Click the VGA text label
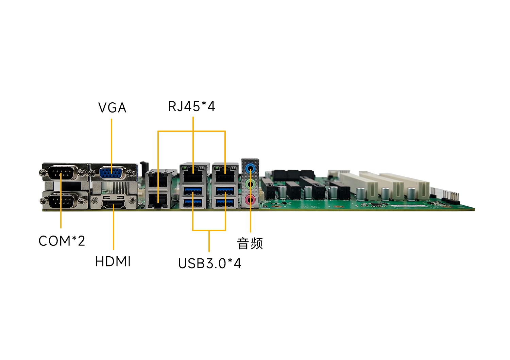pos(112,107)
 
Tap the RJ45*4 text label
pos(191,106)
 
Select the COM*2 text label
pos(62,241)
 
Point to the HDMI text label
pos(113,261)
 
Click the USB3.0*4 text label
pos(209,263)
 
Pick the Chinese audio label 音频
pos(250,243)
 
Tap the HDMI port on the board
pos(114,205)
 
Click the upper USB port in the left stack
pos(193,191)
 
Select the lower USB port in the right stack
pos(225,203)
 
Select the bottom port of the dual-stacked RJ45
pos(158,200)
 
